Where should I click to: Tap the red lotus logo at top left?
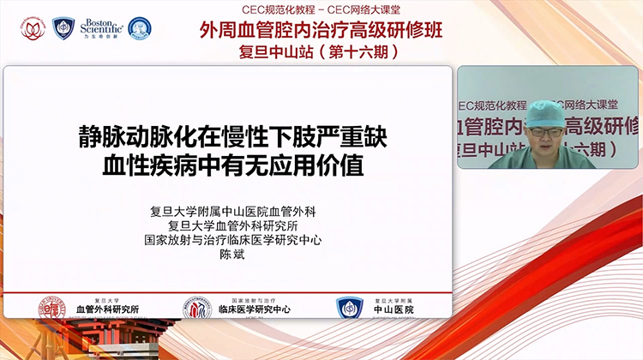(33, 28)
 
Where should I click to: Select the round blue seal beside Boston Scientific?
(139, 28)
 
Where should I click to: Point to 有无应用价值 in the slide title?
(315, 164)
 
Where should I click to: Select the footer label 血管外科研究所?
(107, 309)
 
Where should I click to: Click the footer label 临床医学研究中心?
(255, 309)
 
